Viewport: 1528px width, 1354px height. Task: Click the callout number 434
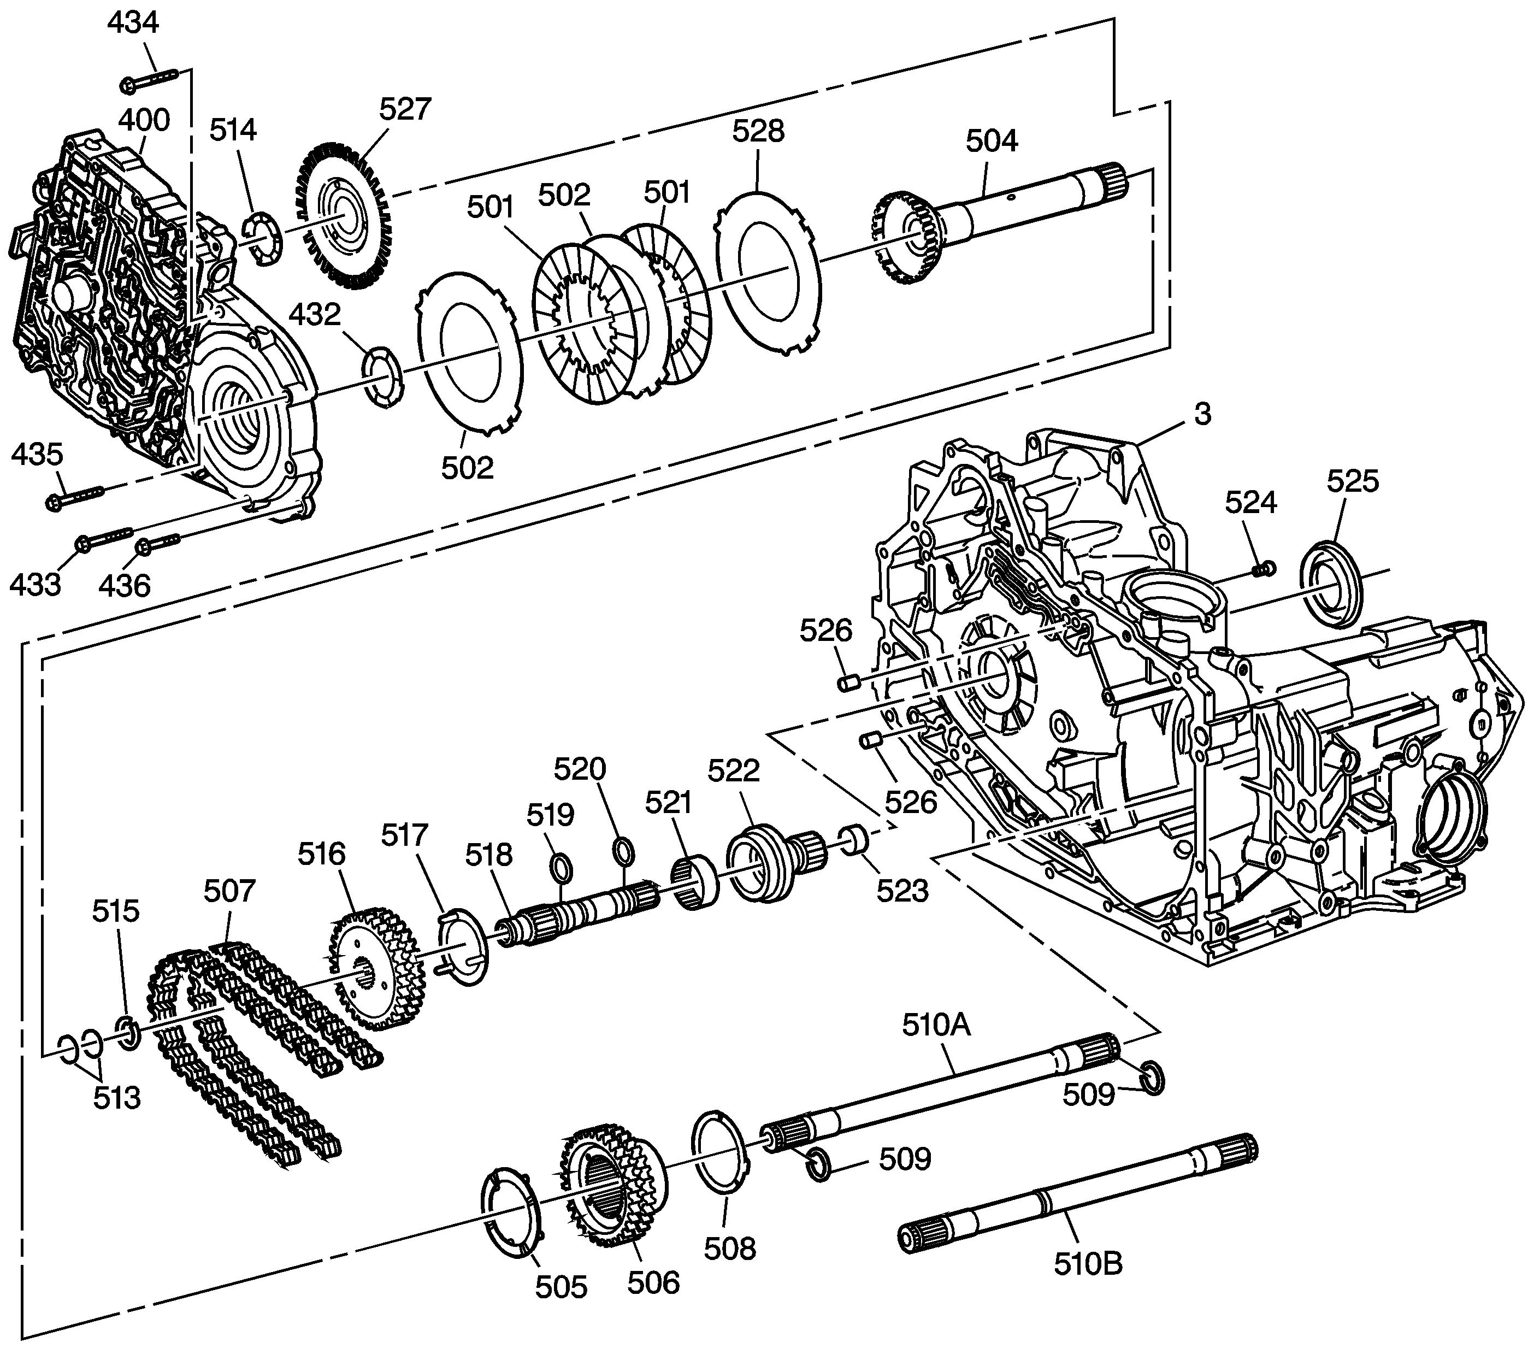[133, 23]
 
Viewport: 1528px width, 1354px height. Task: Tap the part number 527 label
[405, 109]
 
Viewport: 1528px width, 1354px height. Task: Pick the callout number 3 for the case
[1202, 414]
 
